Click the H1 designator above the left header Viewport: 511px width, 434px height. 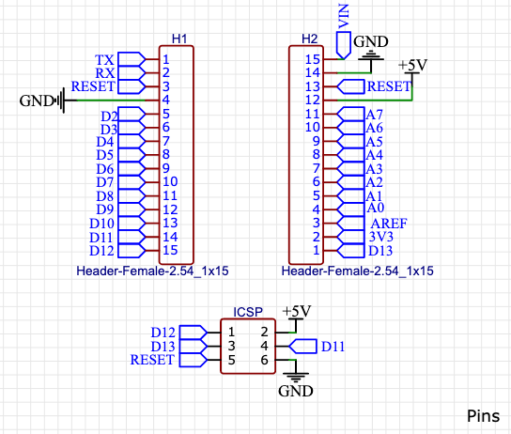[179, 39]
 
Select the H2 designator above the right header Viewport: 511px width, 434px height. [309, 39]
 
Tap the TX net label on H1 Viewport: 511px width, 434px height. [104, 60]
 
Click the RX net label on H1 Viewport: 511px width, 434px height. [104, 73]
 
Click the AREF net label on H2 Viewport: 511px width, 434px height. [389, 224]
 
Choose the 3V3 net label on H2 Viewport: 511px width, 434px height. [381, 237]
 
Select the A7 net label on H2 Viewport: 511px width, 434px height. [374, 115]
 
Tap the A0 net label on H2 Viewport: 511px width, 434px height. [375, 208]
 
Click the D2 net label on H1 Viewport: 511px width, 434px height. [109, 116]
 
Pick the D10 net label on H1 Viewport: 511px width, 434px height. [101, 224]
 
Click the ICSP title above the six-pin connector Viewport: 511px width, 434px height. [248, 312]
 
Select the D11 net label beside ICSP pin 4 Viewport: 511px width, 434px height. [333, 347]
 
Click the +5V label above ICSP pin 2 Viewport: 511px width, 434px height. [296, 311]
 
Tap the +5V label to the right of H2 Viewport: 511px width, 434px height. [412, 65]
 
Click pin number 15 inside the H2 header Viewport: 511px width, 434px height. [313, 59]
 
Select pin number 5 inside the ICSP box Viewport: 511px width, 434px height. [231, 360]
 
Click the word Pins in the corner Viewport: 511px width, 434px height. [483, 416]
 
